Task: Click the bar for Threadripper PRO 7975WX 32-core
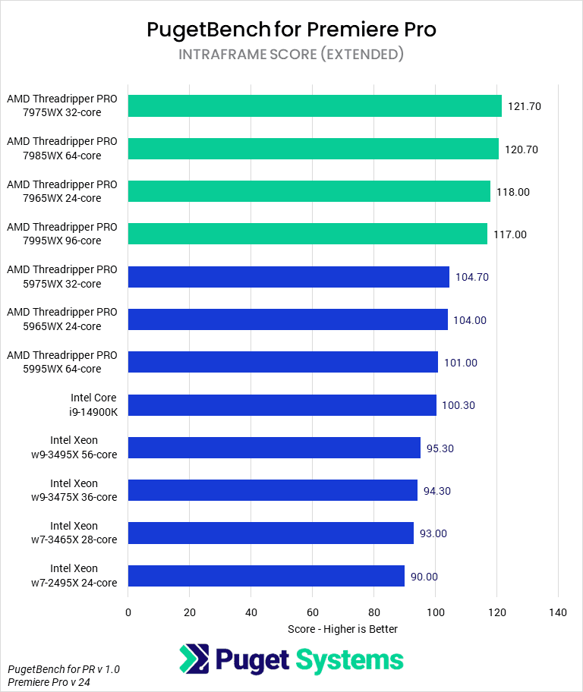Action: point(314,106)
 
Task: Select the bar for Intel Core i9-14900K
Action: point(282,405)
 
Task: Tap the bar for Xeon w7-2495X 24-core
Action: point(266,576)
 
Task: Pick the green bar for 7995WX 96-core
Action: point(307,234)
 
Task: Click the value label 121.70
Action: point(525,106)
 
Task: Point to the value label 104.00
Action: point(471,320)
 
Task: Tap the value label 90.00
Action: point(424,577)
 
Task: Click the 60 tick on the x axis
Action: point(312,612)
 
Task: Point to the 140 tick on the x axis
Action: point(558,612)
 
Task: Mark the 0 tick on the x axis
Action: point(128,612)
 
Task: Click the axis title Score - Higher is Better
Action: point(342,629)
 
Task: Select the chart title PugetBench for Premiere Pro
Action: point(291,30)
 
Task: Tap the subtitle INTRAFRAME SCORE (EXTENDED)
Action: point(291,55)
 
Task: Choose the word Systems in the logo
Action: point(349,659)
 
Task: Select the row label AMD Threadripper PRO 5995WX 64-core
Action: point(62,362)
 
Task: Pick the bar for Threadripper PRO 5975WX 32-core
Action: point(288,277)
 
